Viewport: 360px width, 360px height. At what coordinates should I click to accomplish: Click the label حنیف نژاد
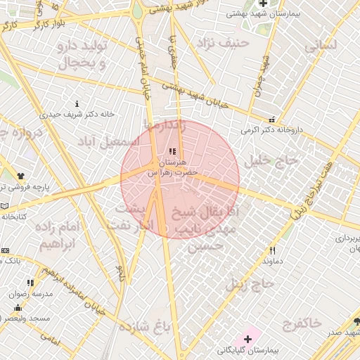224,43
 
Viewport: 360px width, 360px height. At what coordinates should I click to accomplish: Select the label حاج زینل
249,285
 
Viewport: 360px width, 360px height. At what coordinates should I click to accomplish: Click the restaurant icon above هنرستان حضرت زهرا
173,151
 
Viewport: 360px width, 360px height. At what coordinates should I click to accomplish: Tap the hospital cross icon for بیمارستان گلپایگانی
247,339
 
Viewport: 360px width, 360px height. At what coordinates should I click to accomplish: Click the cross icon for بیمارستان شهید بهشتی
263,4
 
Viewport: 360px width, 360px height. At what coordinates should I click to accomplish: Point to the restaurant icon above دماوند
272,250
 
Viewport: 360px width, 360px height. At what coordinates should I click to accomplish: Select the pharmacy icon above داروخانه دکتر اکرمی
271,119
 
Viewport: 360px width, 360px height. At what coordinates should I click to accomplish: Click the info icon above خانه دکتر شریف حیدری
77,103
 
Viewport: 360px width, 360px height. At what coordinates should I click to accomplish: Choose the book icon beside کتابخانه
5,206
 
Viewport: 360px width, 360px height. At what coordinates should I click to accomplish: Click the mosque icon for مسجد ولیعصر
17,308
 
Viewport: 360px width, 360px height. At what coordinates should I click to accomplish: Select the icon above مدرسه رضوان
30,283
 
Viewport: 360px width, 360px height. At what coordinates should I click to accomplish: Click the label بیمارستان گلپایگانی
248,349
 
